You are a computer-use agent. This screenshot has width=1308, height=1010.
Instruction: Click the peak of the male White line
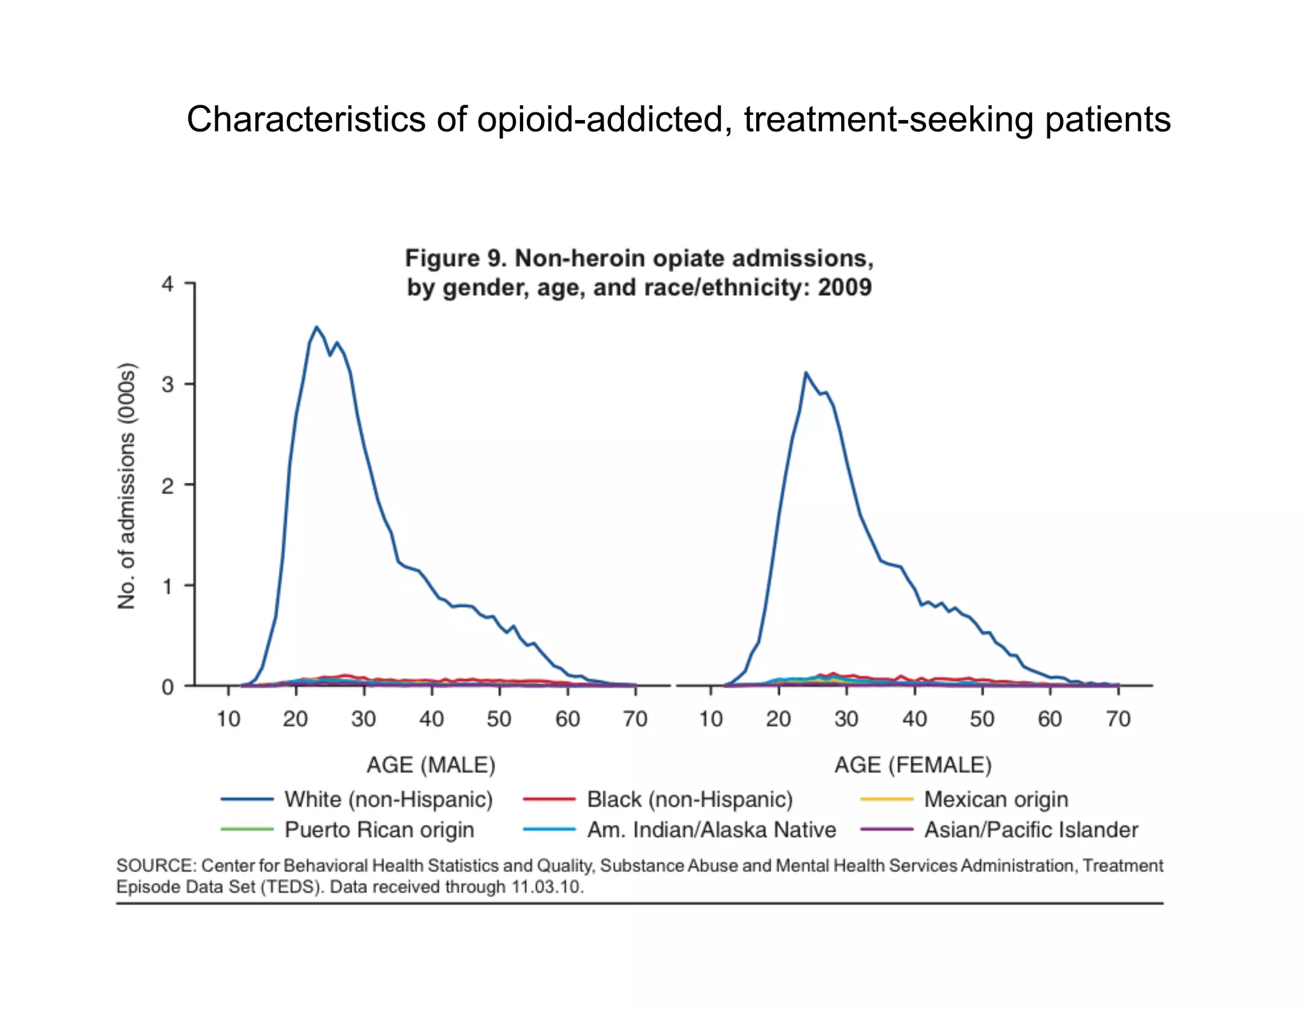pyautogui.click(x=316, y=328)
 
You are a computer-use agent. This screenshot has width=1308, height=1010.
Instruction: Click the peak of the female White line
pyautogui.click(x=805, y=372)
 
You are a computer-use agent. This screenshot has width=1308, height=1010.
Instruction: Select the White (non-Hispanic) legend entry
pyautogui.click(x=388, y=799)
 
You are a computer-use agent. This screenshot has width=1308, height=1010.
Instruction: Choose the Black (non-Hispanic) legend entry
pyautogui.click(x=689, y=799)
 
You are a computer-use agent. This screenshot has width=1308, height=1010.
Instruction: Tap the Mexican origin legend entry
pyautogui.click(x=995, y=799)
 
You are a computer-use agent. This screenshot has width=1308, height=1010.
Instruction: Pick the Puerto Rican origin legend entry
pyautogui.click(x=379, y=829)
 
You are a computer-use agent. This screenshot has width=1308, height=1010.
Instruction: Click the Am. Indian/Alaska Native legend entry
pyautogui.click(x=711, y=829)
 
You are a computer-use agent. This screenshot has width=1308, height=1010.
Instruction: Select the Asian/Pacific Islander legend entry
pyautogui.click(x=1030, y=829)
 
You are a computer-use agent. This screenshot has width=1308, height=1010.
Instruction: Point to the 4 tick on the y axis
pyautogui.click(x=168, y=284)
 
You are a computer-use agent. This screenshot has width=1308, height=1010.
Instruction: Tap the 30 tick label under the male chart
pyautogui.click(x=363, y=720)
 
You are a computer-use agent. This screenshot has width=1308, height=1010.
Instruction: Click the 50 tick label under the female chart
pyautogui.click(x=982, y=720)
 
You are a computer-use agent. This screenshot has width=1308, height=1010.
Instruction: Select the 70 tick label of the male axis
pyautogui.click(x=635, y=720)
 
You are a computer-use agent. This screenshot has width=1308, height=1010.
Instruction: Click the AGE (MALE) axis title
pyautogui.click(x=431, y=765)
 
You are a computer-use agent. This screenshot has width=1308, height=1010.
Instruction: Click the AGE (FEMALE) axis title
pyautogui.click(x=913, y=765)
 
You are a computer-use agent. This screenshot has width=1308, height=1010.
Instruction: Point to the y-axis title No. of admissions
pyautogui.click(x=127, y=486)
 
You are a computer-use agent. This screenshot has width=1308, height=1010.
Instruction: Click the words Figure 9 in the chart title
pyautogui.click(x=454, y=259)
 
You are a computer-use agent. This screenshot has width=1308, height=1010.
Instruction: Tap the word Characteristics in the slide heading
pyautogui.click(x=306, y=119)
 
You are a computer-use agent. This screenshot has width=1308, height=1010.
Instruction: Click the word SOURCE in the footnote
pyautogui.click(x=155, y=866)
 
